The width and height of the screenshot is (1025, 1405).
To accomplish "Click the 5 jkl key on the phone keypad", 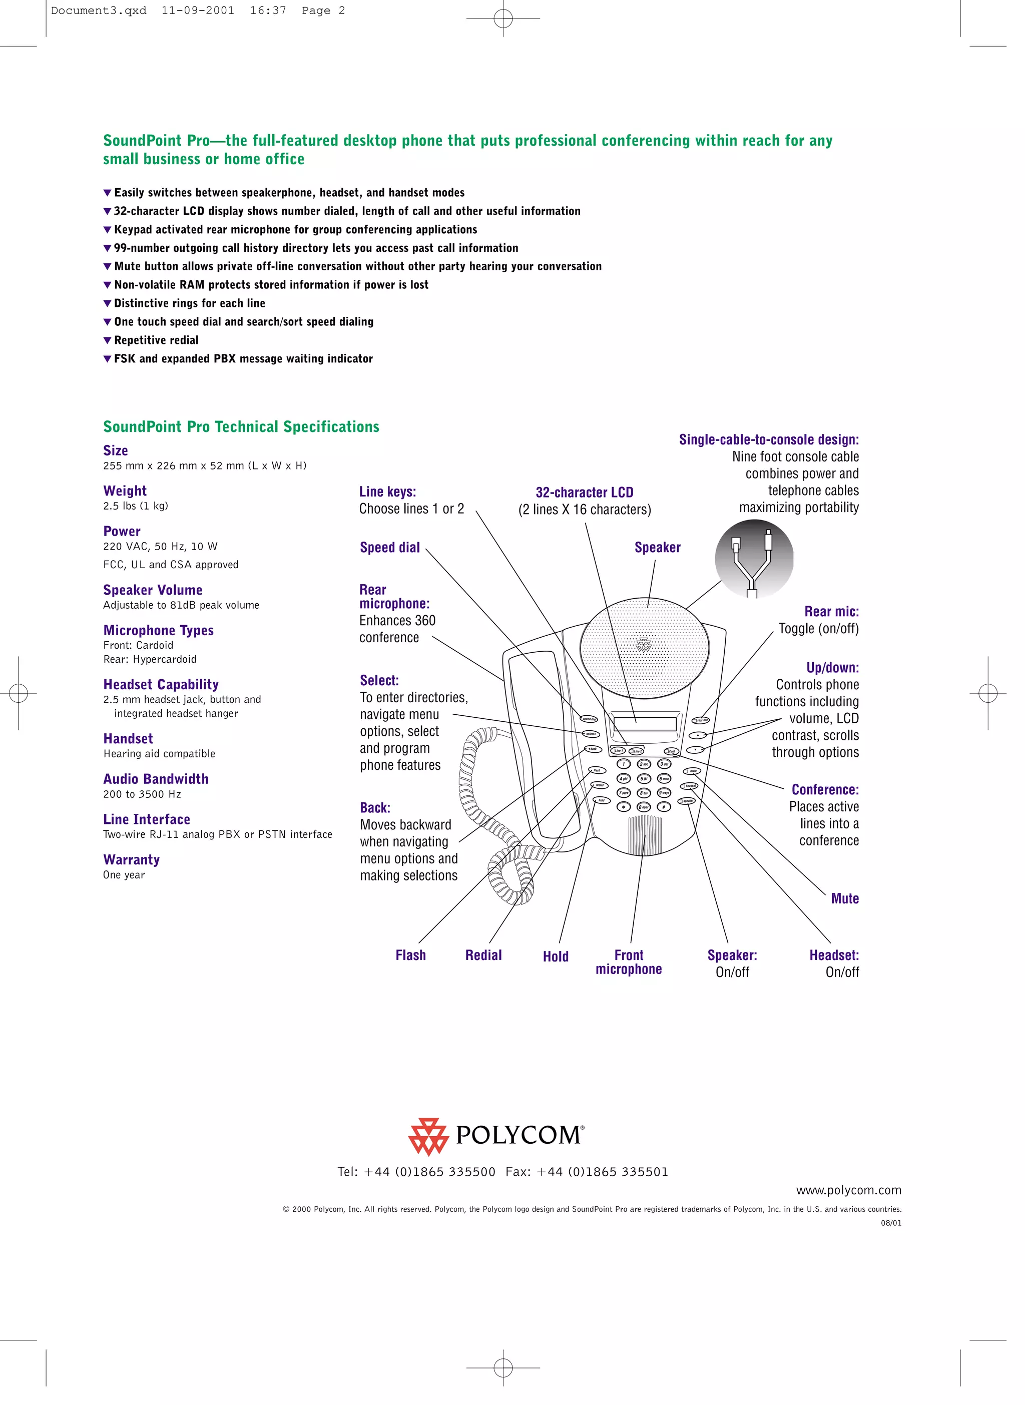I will [644, 779].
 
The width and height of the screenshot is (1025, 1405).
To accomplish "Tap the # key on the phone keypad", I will [664, 807].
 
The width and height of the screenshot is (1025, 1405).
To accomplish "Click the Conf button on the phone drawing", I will [671, 751].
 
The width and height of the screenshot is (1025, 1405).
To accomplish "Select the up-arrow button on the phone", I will [699, 735].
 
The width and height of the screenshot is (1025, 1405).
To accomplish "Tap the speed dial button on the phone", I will [588, 719].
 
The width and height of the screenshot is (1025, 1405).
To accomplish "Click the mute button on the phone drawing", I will [692, 771].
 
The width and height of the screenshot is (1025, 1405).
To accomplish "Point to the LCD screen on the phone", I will [645, 724].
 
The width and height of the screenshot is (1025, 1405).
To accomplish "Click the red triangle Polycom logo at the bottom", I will [428, 1136].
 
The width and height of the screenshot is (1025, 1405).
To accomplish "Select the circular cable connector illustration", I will [754, 559].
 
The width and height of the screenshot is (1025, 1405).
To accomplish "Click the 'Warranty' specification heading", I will [132, 859].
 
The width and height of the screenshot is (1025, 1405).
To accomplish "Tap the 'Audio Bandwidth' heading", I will [156, 779].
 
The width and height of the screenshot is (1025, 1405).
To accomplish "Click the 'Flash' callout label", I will [411, 955].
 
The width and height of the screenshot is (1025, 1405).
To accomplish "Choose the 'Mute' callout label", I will [844, 898].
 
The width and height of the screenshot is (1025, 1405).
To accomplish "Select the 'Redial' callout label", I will [483, 955].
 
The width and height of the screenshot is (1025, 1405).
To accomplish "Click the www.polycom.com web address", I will [848, 1190].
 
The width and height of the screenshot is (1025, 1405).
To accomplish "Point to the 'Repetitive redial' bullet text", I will [156, 340].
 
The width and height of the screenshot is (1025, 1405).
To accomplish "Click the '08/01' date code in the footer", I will [891, 1223].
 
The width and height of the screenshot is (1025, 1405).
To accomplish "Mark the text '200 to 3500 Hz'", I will [142, 794].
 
